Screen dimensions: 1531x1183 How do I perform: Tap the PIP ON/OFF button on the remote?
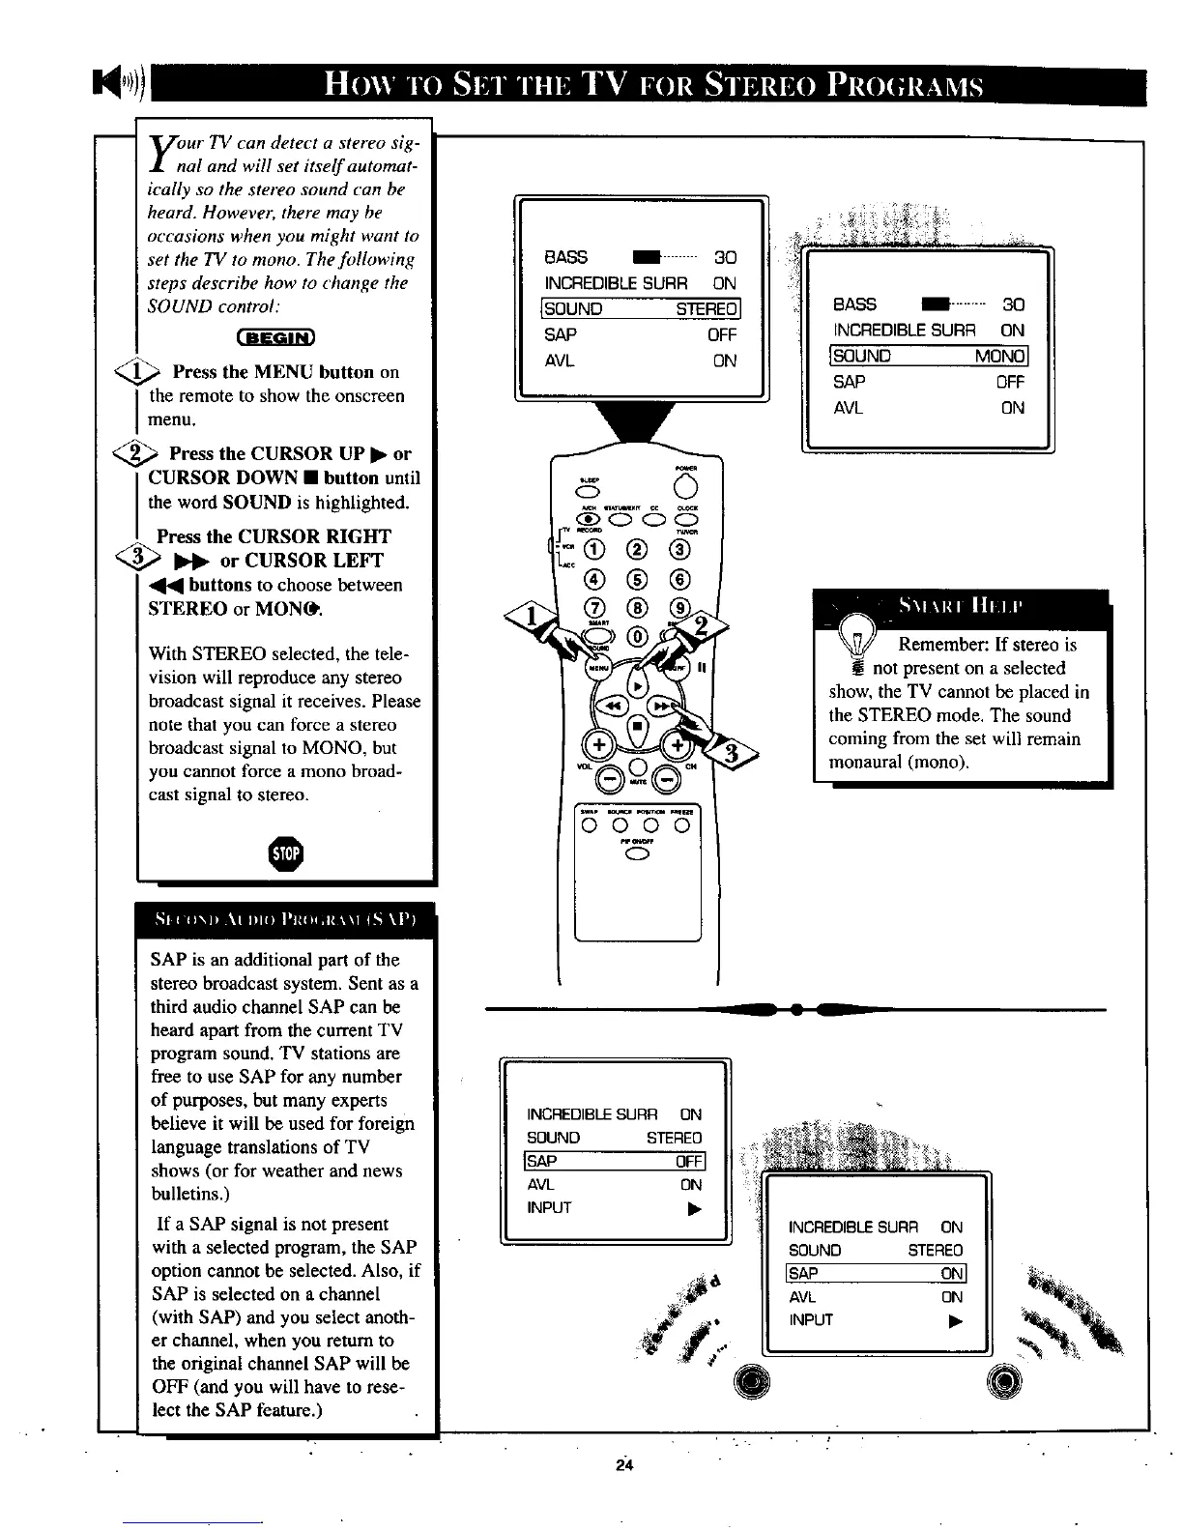pos(636,852)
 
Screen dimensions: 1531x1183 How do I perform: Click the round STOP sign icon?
pos(287,853)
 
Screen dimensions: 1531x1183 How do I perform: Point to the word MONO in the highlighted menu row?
pos(998,356)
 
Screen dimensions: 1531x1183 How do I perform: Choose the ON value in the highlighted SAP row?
pos(951,1274)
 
